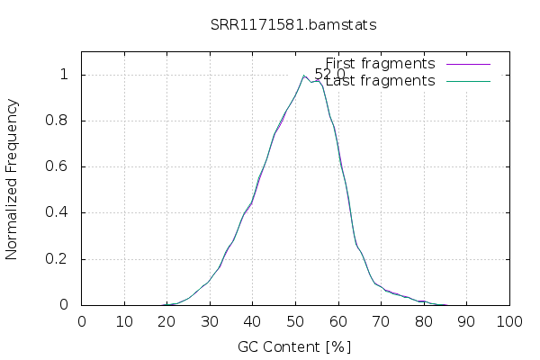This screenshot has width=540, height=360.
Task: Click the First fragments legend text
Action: [x=380, y=64]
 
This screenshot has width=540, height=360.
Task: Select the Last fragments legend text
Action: [x=380, y=81]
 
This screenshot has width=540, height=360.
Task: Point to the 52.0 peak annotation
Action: [x=329, y=75]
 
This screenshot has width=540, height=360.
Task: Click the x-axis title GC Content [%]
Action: [x=294, y=346]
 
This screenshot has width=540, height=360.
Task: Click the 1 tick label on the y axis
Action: [x=64, y=75]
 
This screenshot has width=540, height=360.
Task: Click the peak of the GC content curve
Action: [x=304, y=76]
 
